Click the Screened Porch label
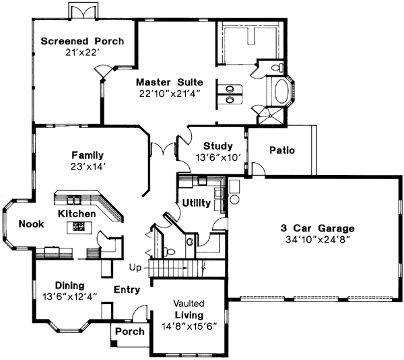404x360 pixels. pyautogui.click(x=82, y=41)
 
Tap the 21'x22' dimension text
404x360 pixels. pyautogui.click(x=82, y=52)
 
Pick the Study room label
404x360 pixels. pyautogui.click(x=217, y=146)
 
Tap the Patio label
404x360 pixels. pyautogui.click(x=281, y=150)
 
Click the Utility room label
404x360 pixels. pyautogui.click(x=196, y=203)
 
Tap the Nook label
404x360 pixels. pyautogui.click(x=31, y=224)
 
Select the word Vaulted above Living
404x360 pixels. pyautogui.click(x=188, y=303)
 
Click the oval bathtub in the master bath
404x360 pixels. pyautogui.click(x=276, y=91)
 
